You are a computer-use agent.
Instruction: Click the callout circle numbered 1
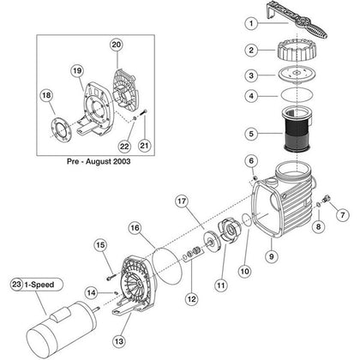point(251,23)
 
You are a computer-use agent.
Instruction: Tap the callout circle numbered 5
point(251,134)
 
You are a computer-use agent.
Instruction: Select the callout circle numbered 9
point(271,256)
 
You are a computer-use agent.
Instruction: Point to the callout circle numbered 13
point(119,341)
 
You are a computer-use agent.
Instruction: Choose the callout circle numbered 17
point(182,201)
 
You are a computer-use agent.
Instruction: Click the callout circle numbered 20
point(117,45)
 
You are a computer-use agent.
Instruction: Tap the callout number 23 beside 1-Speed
point(16,285)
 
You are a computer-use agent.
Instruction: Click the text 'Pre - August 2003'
point(99,161)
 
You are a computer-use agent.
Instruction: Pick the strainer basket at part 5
point(297,129)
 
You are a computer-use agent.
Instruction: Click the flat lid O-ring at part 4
point(297,95)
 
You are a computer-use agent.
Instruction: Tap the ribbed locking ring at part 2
point(297,51)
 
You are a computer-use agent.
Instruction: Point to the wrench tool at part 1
point(297,20)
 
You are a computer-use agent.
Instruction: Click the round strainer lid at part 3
point(297,74)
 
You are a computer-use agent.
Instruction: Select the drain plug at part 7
point(327,198)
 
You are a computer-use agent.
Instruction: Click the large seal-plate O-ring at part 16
point(167,267)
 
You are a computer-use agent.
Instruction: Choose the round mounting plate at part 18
point(61,131)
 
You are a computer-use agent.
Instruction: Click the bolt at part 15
point(111,277)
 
